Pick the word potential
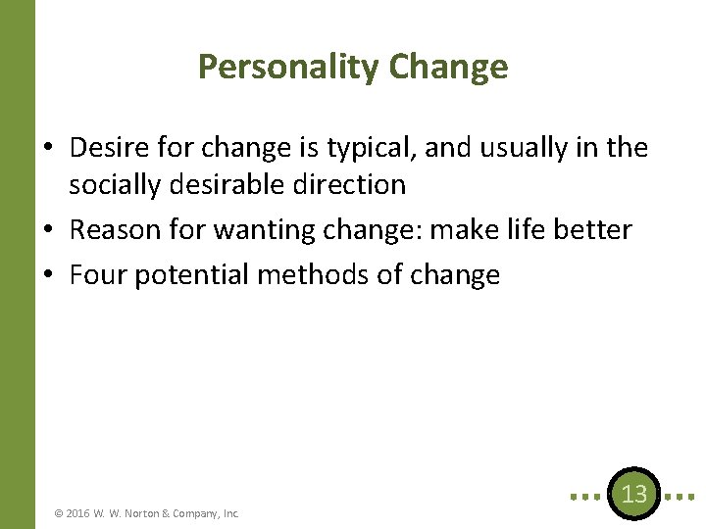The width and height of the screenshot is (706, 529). click(x=191, y=275)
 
